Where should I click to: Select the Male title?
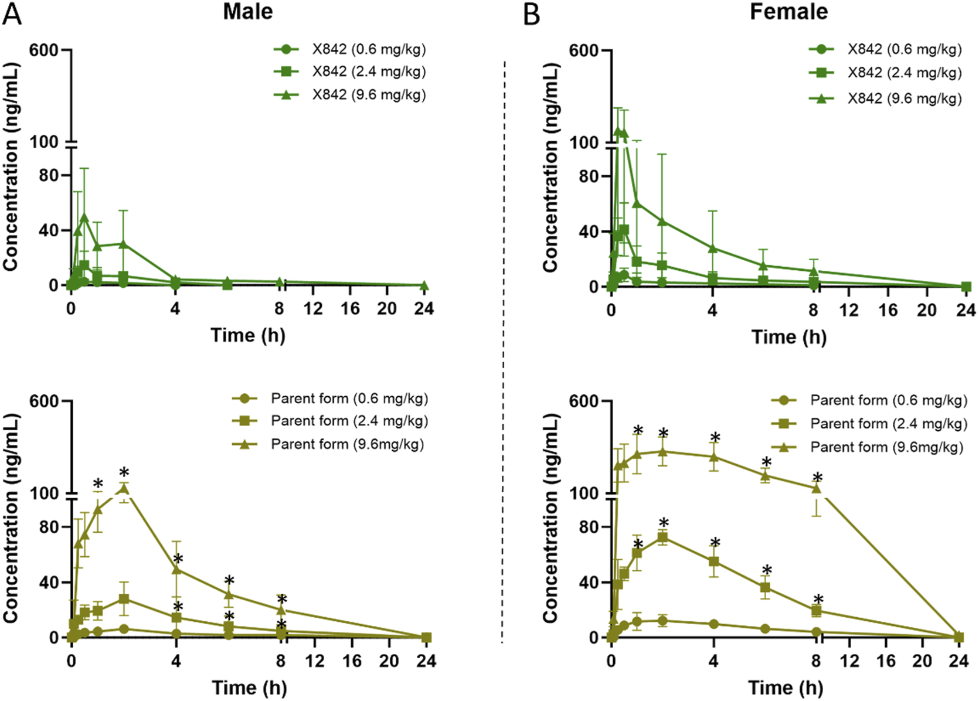pos(247,12)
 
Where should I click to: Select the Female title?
pos(788,12)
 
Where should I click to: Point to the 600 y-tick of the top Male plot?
pos(43,50)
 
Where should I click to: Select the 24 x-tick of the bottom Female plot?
pos(958,661)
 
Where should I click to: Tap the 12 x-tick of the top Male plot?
pos(313,308)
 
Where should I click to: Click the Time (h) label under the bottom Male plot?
pos(249,688)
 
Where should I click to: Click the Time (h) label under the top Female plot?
pos(788,337)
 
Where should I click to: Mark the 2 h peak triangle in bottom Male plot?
pos(124,488)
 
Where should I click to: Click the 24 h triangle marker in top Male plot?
pos(424,285)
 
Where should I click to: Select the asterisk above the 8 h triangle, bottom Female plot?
pos(817,478)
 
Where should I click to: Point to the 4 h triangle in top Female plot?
pos(713,248)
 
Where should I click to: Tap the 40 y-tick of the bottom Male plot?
pos(50,583)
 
